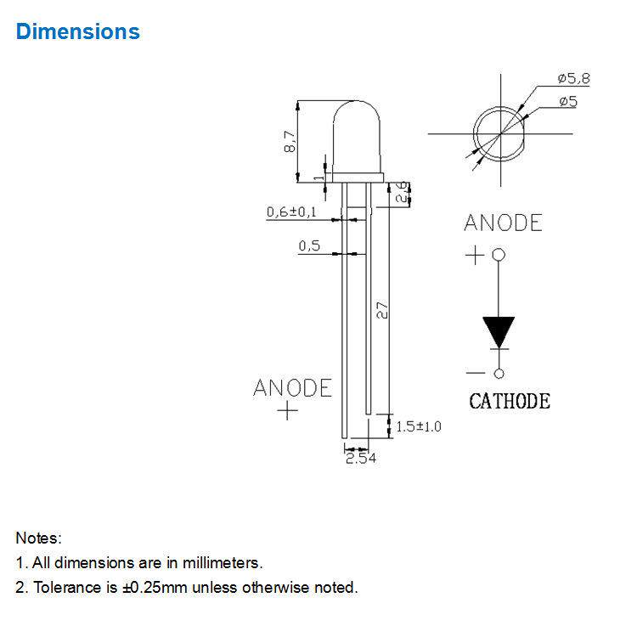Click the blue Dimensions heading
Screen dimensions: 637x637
click(x=77, y=31)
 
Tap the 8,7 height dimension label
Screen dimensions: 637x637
click(x=290, y=141)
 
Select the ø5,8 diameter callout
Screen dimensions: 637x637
click(x=573, y=78)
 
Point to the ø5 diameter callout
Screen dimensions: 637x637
click(x=568, y=101)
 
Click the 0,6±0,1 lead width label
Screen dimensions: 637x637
click(x=291, y=211)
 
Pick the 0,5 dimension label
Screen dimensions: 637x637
click(x=309, y=245)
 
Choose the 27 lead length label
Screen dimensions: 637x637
click(x=382, y=310)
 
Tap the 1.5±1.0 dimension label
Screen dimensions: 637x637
click(x=419, y=426)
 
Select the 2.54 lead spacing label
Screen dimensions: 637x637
click(x=361, y=459)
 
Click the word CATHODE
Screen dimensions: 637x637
click(x=510, y=402)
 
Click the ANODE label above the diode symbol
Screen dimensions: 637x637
click(x=503, y=223)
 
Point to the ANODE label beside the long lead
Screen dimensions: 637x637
click(x=292, y=388)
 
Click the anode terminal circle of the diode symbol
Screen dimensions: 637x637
click(x=499, y=255)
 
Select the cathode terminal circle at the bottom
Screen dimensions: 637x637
click(x=499, y=374)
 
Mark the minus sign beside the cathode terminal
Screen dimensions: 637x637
click(x=476, y=373)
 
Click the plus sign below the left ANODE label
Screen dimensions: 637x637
click(x=288, y=411)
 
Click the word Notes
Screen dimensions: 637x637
click(x=38, y=538)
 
